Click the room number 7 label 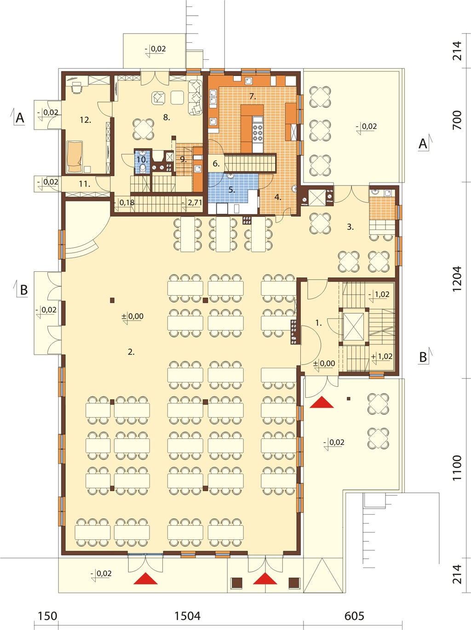point(253,96)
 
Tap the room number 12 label point(85,120)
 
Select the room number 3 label point(350,227)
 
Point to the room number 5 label point(232,190)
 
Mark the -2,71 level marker point(192,203)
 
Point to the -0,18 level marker point(124,203)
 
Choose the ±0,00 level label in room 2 point(132,317)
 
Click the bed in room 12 point(75,156)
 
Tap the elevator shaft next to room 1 point(353,327)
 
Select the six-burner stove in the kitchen point(258,133)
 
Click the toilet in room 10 point(143,167)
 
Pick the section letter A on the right point(423,144)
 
